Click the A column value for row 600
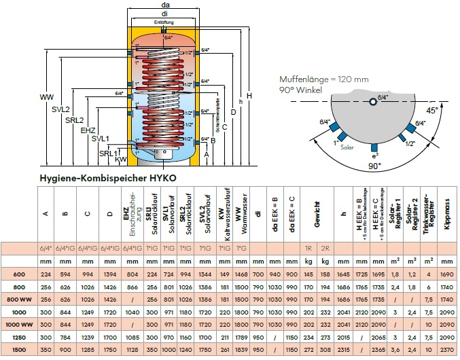[46, 273]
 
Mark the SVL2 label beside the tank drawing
[60, 109]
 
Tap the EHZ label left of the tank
[88, 130]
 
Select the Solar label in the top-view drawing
[347, 146]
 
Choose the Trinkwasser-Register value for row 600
[429, 273]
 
